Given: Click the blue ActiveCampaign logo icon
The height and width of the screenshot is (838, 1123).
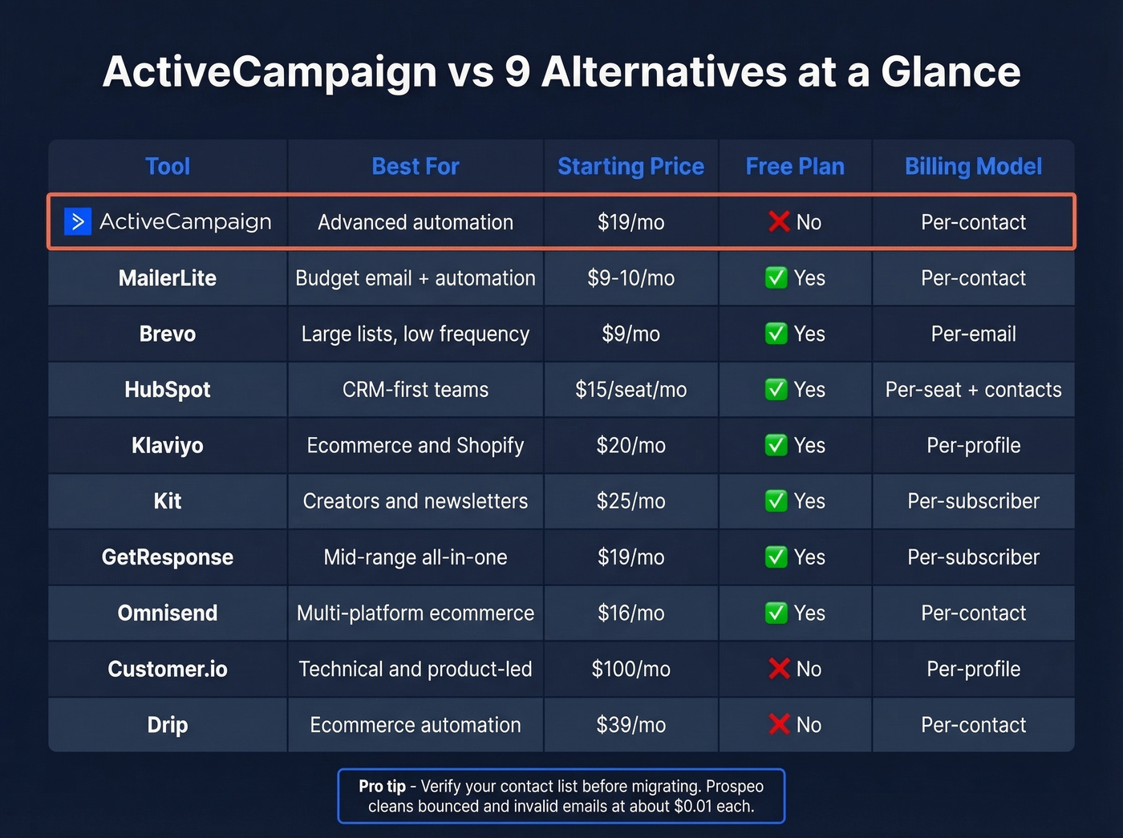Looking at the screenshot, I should [78, 221].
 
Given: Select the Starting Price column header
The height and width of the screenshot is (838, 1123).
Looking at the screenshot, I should [630, 166].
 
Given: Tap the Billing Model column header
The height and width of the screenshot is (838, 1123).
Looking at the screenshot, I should [973, 166].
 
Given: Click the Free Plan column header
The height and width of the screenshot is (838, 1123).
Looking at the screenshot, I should [795, 166].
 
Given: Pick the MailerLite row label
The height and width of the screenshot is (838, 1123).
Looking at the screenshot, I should [168, 278].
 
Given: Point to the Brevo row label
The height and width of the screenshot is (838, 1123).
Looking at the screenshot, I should [168, 334].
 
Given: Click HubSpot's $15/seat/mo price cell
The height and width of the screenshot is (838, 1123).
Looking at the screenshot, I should [630, 390].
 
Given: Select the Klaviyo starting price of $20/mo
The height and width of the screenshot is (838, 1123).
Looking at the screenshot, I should [630, 445].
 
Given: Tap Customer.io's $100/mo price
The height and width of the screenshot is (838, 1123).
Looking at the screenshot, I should [630, 669].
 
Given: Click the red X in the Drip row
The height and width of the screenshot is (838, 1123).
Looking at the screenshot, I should [779, 724].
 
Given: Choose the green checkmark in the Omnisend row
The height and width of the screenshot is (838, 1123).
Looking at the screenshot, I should [776, 613].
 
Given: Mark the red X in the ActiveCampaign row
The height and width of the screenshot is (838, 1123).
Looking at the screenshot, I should [779, 221].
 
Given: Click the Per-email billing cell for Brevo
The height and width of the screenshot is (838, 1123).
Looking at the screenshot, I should [973, 334].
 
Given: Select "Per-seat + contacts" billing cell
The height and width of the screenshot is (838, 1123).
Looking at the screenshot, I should [973, 390].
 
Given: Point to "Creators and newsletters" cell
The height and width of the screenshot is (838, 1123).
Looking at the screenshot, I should [416, 501].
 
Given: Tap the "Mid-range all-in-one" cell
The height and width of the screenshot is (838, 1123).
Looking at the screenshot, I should [416, 557].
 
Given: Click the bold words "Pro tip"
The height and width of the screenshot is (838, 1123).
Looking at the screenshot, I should [382, 786].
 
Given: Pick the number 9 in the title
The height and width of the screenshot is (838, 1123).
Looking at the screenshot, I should [517, 71].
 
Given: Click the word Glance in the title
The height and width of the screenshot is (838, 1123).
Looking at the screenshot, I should [951, 71].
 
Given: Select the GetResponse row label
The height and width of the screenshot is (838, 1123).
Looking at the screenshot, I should [168, 557].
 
